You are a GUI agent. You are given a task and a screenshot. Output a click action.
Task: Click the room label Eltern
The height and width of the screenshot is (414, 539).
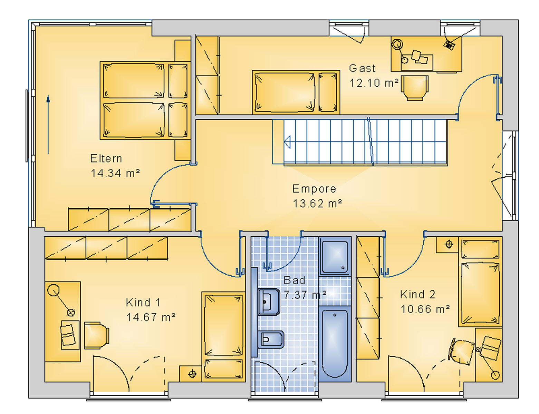106,159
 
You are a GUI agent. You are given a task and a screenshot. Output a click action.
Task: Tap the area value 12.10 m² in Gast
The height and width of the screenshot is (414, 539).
374,83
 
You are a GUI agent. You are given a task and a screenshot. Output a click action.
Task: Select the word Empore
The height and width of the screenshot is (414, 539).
314,189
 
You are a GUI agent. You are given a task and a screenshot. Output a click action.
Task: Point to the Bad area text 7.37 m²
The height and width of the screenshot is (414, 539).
305,295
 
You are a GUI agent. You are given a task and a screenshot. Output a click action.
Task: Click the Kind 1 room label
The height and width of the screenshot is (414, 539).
143,303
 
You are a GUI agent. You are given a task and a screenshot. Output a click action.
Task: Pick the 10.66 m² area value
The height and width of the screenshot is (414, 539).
425,309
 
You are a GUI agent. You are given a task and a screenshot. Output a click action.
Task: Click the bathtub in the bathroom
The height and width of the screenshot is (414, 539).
335,344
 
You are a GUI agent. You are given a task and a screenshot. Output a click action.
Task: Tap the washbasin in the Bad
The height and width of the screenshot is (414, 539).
269,302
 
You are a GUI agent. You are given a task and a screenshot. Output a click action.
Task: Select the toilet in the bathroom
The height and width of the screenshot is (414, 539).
271,339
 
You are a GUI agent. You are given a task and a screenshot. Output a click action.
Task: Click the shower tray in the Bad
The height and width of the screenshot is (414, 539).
335,256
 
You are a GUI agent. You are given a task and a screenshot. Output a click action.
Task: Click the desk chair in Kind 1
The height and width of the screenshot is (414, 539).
96,335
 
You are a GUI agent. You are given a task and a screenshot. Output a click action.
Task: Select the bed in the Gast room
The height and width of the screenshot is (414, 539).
296,92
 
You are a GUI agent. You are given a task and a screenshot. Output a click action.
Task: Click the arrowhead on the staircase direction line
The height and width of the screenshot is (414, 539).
287,142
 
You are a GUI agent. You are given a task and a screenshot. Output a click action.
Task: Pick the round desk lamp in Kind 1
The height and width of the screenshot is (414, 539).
53,290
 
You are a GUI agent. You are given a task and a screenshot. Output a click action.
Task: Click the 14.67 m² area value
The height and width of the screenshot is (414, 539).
151,317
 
